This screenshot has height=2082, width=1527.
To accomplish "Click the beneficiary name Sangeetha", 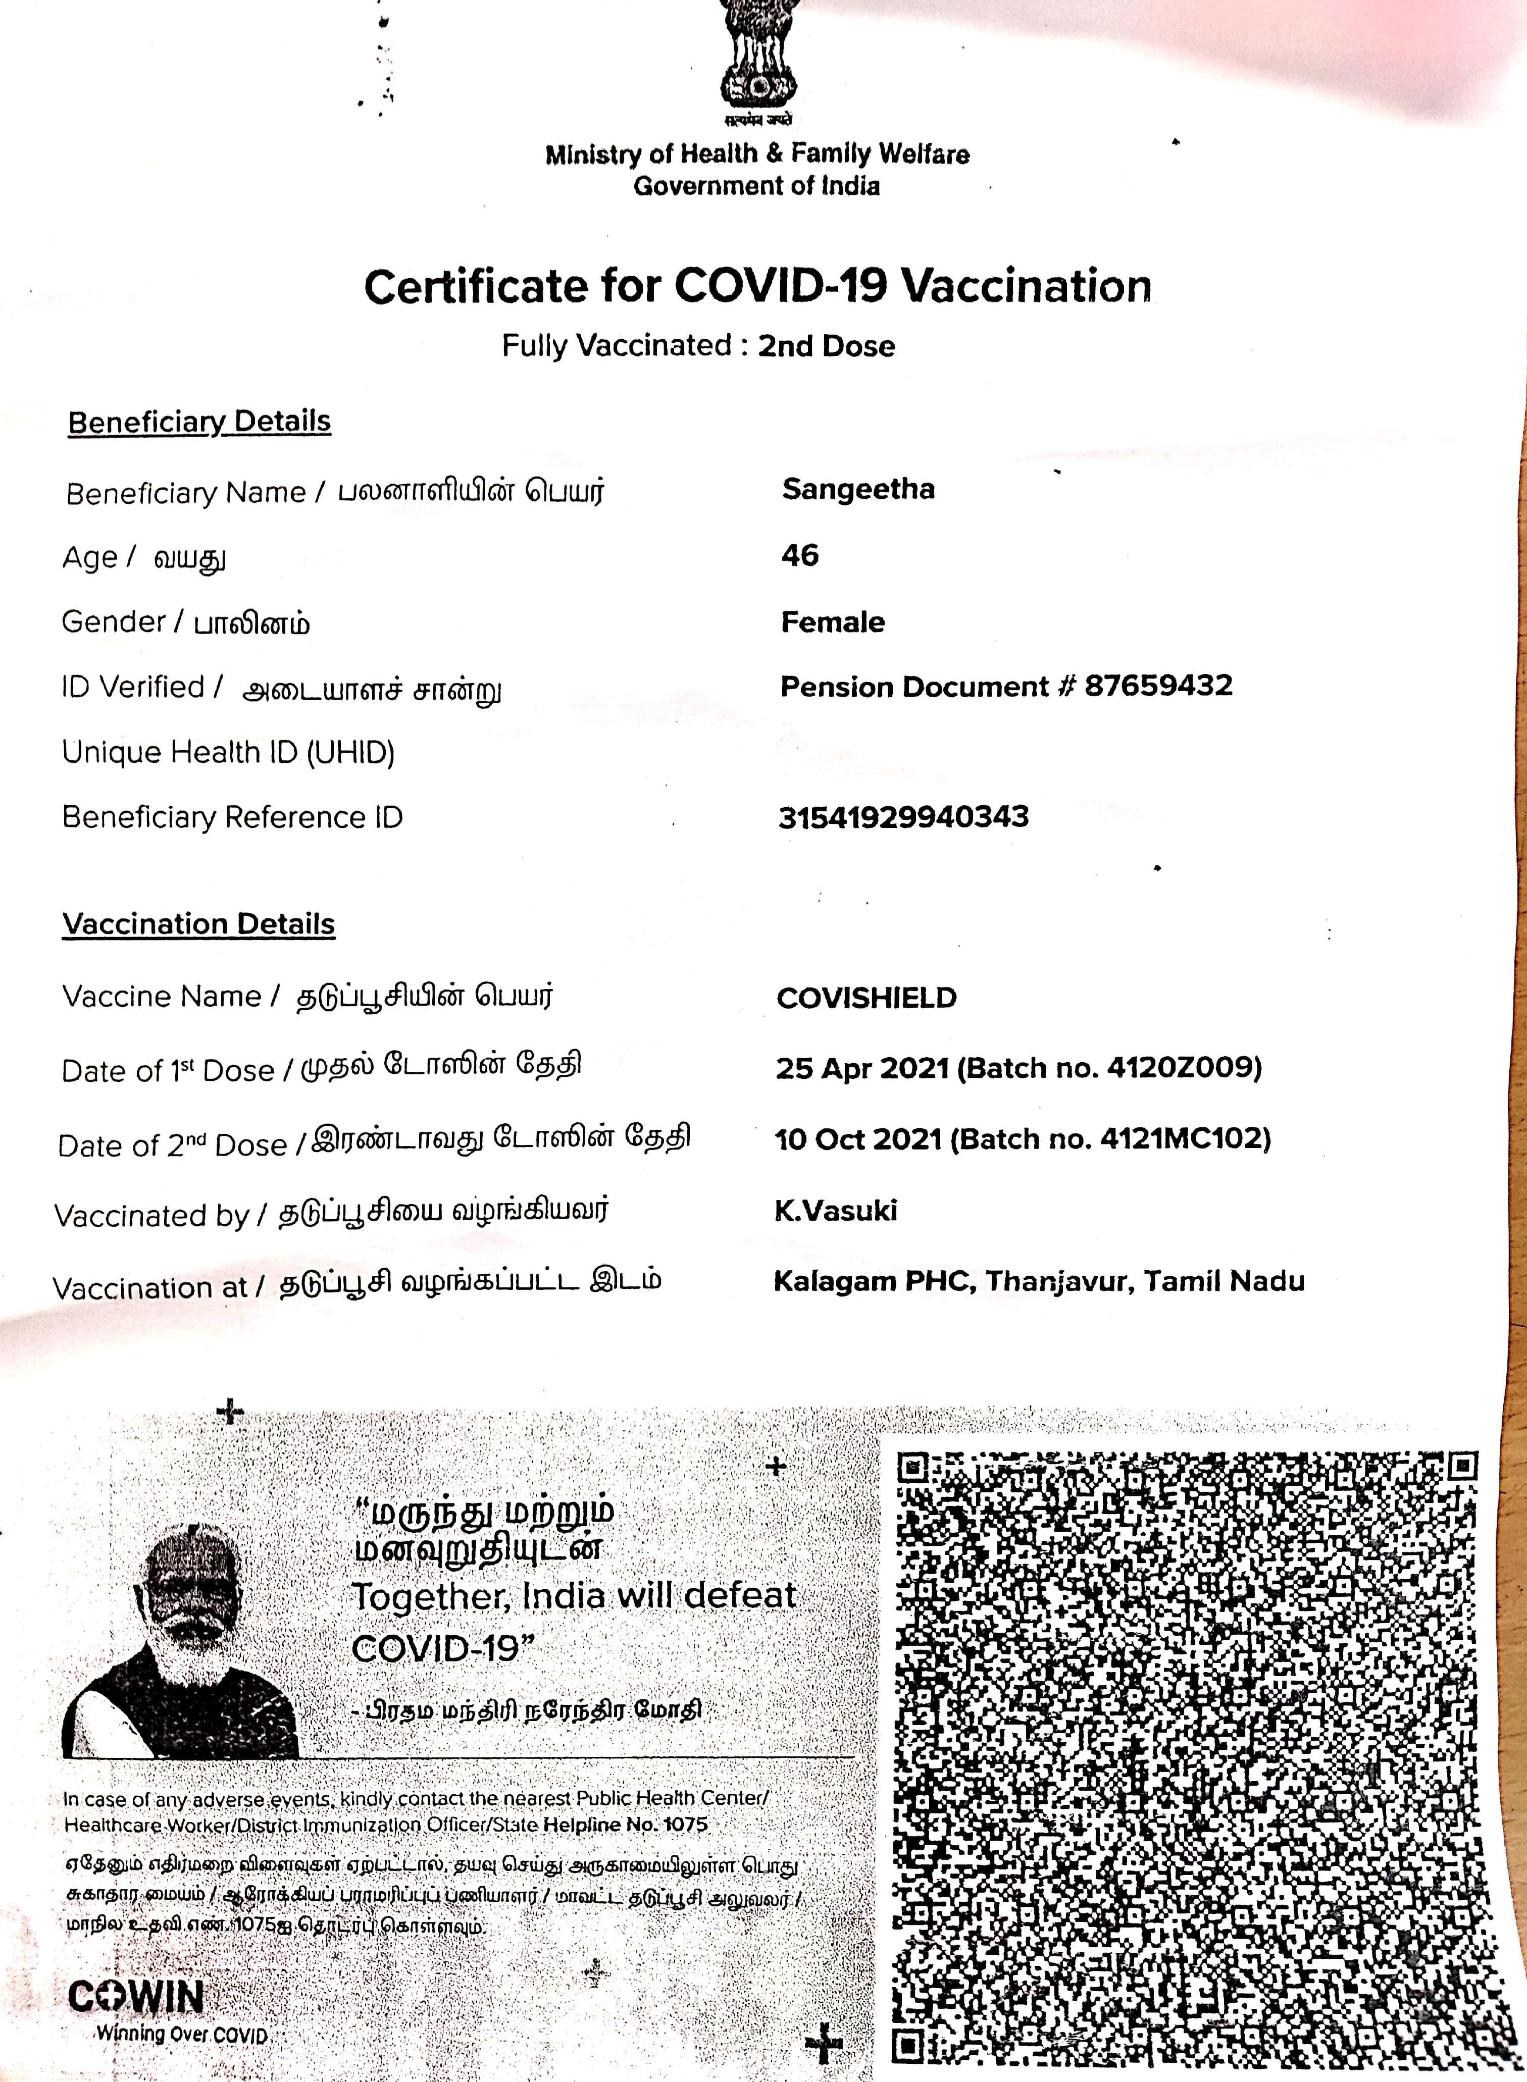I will (858, 489).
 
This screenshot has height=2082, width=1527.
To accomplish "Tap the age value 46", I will (799, 555).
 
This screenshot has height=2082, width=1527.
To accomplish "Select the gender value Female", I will (832, 622).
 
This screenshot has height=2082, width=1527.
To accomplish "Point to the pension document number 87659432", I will (1158, 686).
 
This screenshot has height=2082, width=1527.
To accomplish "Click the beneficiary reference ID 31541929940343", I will (903, 817).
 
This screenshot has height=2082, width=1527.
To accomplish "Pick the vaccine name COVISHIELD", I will (866, 998).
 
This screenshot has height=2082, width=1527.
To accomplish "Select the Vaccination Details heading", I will (199, 924).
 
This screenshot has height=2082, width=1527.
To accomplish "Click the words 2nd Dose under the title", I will (826, 346).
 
